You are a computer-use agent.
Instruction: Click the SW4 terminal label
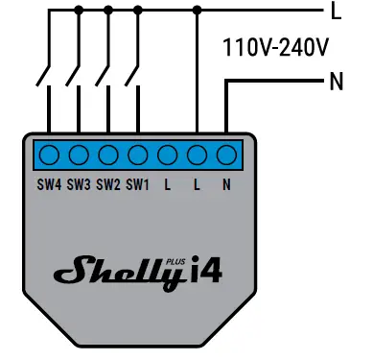pyautogui.click(x=49, y=184)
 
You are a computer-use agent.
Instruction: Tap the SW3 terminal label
pyautogui.click(x=79, y=184)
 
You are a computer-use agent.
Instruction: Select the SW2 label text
pyautogui.click(x=108, y=184)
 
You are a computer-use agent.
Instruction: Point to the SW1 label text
pyautogui.click(x=138, y=184)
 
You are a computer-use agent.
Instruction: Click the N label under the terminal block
pyautogui.click(x=226, y=184)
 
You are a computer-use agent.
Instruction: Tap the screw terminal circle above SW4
pyautogui.click(x=49, y=156)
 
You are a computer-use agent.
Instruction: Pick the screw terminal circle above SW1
pyautogui.click(x=138, y=156)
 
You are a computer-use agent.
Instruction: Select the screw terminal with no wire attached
pyautogui.click(x=168, y=156)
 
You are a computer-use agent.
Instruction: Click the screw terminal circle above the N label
pyautogui.click(x=226, y=156)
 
